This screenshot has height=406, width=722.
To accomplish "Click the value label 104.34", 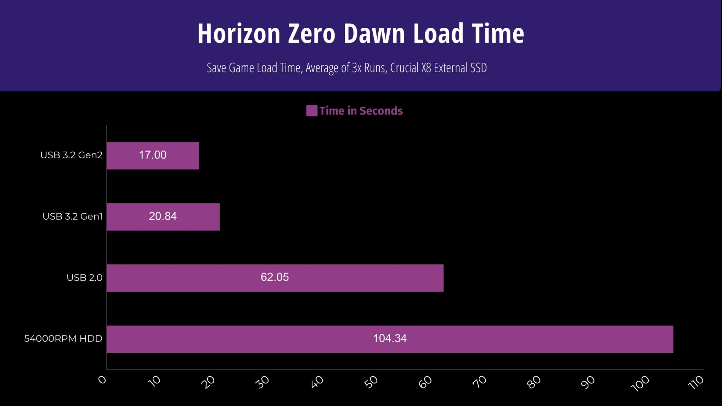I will point(390,338).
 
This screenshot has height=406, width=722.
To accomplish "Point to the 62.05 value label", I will point(275,277).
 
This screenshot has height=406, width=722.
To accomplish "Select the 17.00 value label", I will point(152,155).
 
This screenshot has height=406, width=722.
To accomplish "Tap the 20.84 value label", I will point(163,216).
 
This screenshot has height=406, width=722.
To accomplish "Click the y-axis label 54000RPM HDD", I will point(63,339).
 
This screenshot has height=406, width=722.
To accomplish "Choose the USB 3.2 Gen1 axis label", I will point(72,216).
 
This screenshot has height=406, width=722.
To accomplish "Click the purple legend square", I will point(312,111).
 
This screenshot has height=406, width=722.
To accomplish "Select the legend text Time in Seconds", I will point(361,111).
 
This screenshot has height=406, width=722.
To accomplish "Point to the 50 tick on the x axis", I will point(372,382).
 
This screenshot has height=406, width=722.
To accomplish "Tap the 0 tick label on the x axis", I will point(102,380).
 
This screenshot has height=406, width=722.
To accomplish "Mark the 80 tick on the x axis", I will point(534,382).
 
